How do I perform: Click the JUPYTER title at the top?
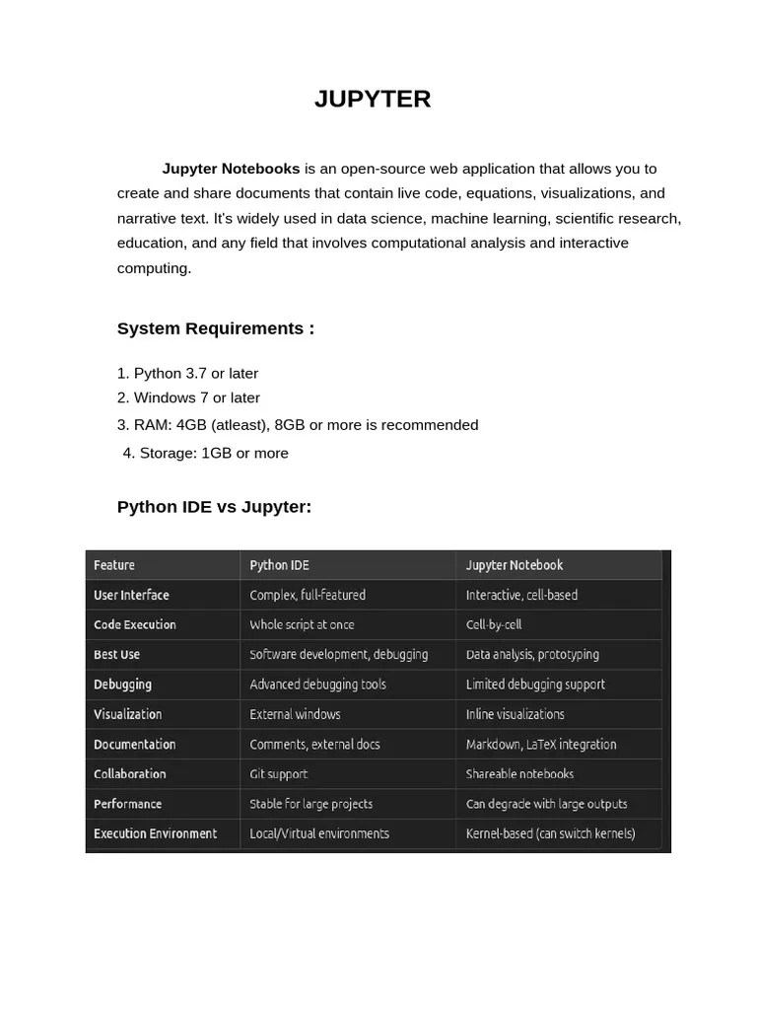tap(373, 100)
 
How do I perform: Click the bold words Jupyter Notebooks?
tap(231, 169)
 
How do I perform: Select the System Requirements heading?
tap(216, 328)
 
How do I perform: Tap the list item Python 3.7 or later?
tap(187, 373)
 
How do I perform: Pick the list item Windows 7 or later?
tap(188, 397)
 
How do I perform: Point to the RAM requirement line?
tap(298, 425)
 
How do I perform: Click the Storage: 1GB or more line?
tap(206, 453)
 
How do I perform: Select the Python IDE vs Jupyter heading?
tap(214, 507)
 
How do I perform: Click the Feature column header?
tap(114, 565)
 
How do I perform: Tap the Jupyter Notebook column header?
tap(515, 565)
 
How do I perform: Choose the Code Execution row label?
tap(135, 624)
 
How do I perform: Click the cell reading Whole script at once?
tap(302, 624)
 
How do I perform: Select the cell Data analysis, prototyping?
tap(532, 654)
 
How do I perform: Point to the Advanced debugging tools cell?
tap(317, 685)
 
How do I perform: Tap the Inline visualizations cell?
tap(515, 714)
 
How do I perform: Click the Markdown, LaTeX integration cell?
tap(541, 745)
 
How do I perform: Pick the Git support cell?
tap(279, 774)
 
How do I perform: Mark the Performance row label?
tap(128, 804)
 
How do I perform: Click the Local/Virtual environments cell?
tap(319, 833)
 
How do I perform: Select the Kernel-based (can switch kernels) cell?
tap(550, 833)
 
